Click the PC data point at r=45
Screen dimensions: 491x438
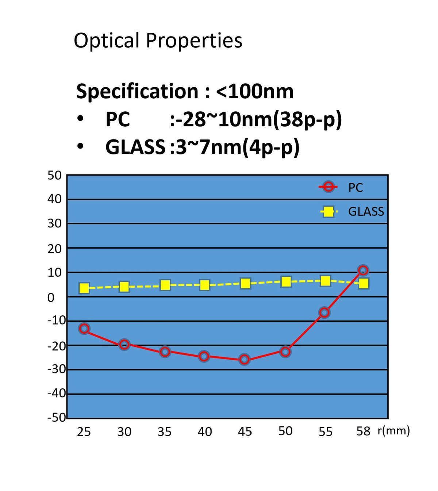244,360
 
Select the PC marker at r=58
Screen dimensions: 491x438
363,270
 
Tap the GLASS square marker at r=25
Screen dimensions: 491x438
84,288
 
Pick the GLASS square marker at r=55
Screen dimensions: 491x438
325,281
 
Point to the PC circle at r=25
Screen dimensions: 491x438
84,329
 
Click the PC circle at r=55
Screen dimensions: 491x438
324,312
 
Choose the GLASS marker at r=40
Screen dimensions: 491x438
205,285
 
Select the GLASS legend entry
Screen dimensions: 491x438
352,211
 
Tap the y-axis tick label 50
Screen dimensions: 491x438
55,175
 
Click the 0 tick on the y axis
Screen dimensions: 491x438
51,298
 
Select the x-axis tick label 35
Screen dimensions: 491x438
165,431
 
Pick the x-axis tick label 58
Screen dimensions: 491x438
363,431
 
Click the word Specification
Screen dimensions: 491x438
137,91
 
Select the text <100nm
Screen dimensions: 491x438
255,91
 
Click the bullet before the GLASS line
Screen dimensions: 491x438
80,147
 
